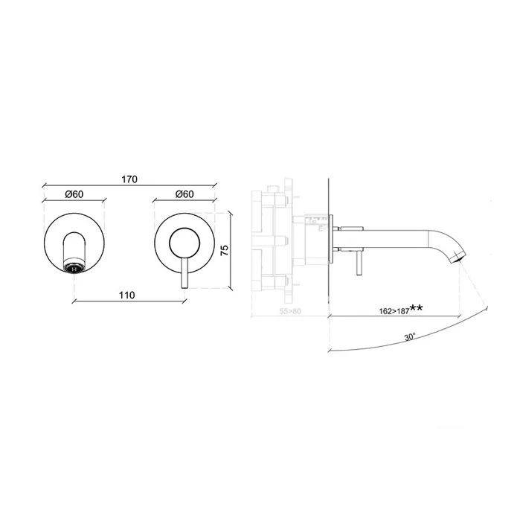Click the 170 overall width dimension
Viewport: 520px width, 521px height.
pyautogui.click(x=129, y=179)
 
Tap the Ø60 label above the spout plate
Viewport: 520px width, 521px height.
pyautogui.click(x=74, y=194)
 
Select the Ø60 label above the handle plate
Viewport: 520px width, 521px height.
pyautogui.click(x=184, y=194)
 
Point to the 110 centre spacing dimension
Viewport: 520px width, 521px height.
pyautogui.click(x=127, y=295)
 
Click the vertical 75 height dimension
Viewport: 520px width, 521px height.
pyautogui.click(x=225, y=250)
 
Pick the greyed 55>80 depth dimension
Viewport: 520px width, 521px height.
pyautogui.click(x=290, y=311)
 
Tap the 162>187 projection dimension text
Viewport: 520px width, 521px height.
pyautogui.click(x=394, y=311)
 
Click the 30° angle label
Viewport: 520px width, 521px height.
pyautogui.click(x=410, y=337)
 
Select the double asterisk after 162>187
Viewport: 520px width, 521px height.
pyautogui.click(x=416, y=307)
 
